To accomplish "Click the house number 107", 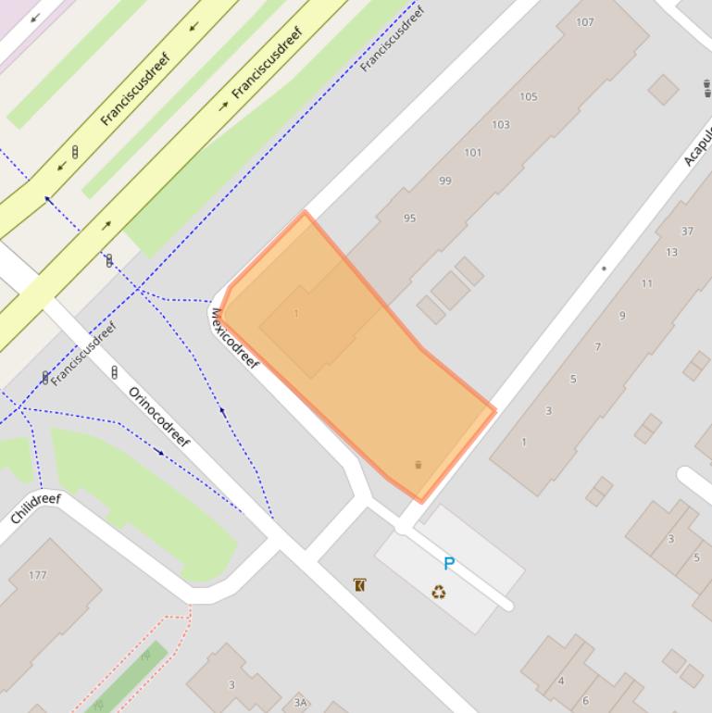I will pyautogui.click(x=585, y=22).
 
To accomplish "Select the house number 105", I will pyautogui.click(x=529, y=96).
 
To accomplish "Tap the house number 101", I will pyautogui.click(x=473, y=153).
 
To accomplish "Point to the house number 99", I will pyautogui.click(x=445, y=181).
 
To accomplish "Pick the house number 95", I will pyautogui.click(x=409, y=219).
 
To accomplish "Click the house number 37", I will pyautogui.click(x=687, y=231).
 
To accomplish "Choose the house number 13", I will pyautogui.click(x=671, y=252).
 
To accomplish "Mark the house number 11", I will pyautogui.click(x=646, y=283).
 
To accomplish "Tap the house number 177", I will pyautogui.click(x=37, y=575).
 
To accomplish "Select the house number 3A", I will pyautogui.click(x=300, y=703).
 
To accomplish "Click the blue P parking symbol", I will pyautogui.click(x=449, y=563).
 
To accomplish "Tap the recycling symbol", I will pyautogui.click(x=439, y=592).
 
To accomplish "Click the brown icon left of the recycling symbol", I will pyautogui.click(x=359, y=584).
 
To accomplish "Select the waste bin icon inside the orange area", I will pyautogui.click(x=418, y=465).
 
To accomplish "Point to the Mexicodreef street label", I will pyautogui.click(x=235, y=339).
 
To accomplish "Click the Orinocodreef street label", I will pyautogui.click(x=159, y=417).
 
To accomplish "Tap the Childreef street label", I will pyautogui.click(x=35, y=509).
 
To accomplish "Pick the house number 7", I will pyautogui.click(x=597, y=347).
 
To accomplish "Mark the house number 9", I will pyautogui.click(x=622, y=316).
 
